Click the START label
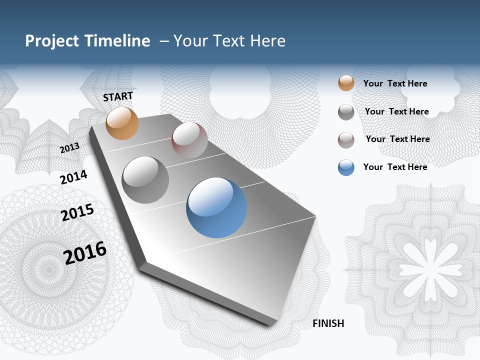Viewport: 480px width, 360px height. (x=118, y=96)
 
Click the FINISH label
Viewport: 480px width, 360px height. (x=328, y=323)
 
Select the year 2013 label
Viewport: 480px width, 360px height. (x=69, y=148)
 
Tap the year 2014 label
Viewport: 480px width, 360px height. (x=73, y=177)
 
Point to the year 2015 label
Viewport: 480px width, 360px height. (x=77, y=212)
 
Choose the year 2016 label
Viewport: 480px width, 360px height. (x=85, y=253)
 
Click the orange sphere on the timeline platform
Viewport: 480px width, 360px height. (x=122, y=123)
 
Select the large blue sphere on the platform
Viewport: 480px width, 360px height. (x=216, y=207)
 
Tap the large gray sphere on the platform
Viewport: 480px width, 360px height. (x=145, y=180)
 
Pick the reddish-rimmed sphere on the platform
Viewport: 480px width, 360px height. (x=189, y=140)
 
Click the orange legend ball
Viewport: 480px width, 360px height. (x=346, y=83)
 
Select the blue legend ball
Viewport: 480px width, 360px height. (x=346, y=167)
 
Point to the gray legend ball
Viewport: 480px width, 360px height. (x=346, y=112)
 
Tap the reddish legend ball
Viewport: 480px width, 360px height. (x=346, y=140)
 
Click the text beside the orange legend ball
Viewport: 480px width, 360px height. (x=395, y=83)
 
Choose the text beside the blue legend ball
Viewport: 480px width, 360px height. (x=395, y=167)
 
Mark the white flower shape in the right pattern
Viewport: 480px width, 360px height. (x=430, y=265)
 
